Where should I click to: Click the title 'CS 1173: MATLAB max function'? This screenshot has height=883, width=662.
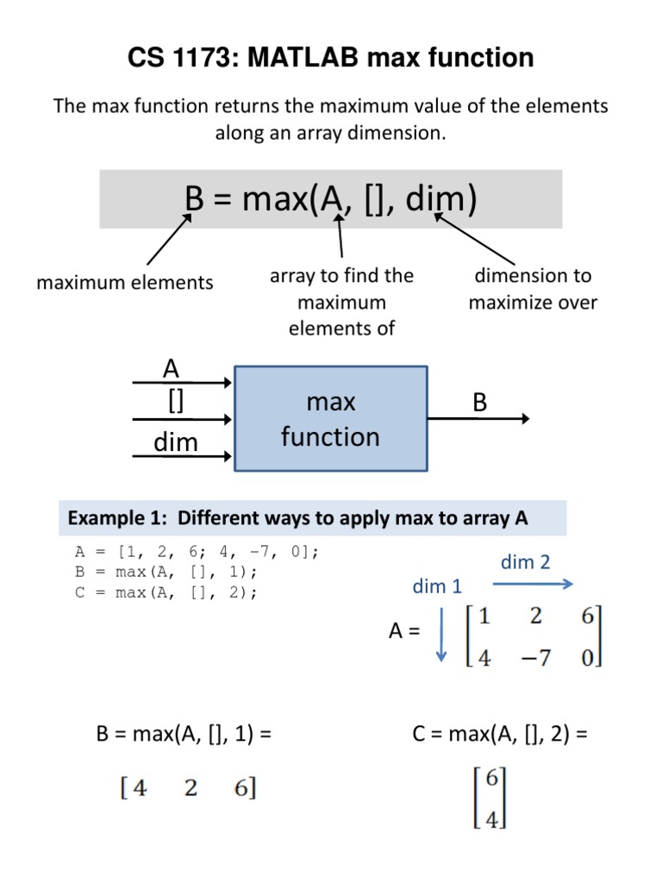331,58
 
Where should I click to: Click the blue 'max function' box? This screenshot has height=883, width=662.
331,419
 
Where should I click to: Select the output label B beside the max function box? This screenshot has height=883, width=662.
479,403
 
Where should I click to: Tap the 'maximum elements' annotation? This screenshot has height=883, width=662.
124,282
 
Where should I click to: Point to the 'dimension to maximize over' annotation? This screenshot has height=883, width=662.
533,289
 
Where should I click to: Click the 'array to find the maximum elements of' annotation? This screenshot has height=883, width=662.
342,302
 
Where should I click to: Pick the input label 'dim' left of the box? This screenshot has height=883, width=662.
176,442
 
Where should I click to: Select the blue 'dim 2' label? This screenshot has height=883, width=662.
525,562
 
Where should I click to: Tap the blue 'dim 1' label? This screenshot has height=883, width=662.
437,587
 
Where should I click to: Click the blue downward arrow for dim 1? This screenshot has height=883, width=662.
441,635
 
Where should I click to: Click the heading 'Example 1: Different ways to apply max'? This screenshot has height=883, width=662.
297,518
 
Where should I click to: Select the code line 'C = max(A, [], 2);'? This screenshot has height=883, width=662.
166,592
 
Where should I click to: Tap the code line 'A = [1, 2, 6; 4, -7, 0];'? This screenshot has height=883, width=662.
197,552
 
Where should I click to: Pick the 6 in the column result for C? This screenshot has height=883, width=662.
492,778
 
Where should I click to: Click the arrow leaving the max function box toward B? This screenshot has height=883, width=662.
479,419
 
